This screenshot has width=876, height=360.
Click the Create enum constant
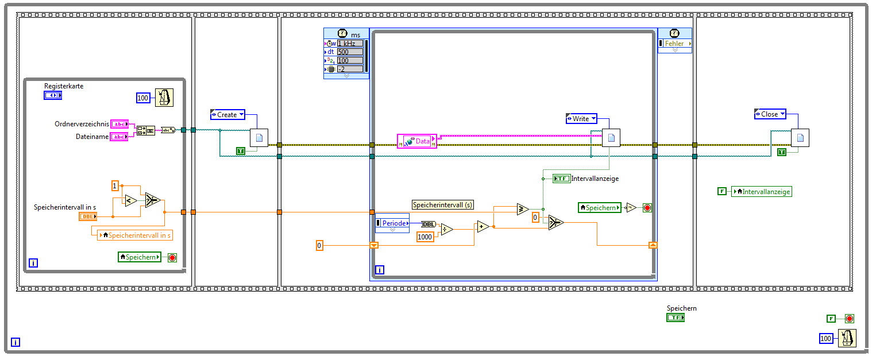point(227,115)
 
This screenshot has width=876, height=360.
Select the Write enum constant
point(581,119)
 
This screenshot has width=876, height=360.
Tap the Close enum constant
point(770,114)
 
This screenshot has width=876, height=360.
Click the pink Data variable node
point(417,141)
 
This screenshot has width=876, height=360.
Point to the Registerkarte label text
point(64,86)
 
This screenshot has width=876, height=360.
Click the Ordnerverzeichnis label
point(82,124)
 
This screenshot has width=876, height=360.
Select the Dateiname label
point(92,137)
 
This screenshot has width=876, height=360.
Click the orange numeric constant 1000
point(425,237)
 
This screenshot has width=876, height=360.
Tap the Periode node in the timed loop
point(393,223)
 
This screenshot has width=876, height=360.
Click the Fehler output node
point(675,44)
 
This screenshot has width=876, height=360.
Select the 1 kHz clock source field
point(350,44)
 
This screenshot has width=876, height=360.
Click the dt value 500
point(350,52)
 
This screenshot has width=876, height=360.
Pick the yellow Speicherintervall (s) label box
point(442,205)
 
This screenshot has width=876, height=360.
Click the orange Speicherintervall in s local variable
point(135,235)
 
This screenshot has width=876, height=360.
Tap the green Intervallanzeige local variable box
point(762,192)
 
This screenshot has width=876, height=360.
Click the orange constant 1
point(115,185)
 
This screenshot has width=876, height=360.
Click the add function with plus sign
point(483,226)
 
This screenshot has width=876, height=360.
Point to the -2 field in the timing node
point(350,69)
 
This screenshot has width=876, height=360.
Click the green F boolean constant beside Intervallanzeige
point(722,191)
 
